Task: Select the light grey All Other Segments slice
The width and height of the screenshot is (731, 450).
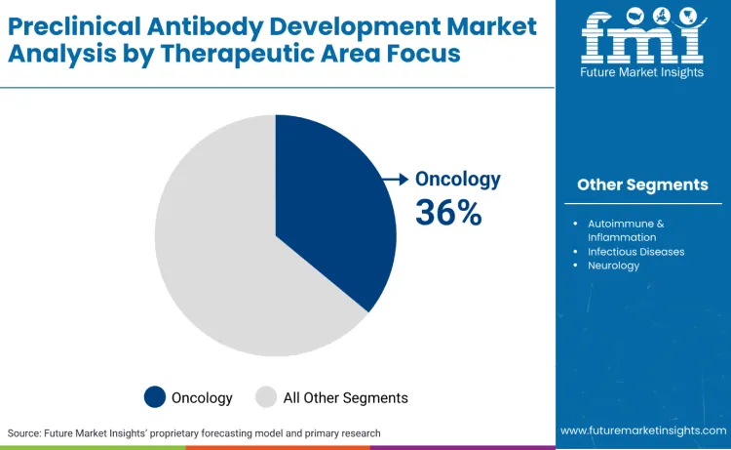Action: [224, 254]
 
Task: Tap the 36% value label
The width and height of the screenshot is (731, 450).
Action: [448, 212]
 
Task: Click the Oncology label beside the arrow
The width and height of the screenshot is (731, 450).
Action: [458, 179]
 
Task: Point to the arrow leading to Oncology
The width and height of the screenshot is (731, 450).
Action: [394, 179]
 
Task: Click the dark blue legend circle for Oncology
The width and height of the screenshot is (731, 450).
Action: [155, 397]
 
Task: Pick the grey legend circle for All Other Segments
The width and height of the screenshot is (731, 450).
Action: [266, 397]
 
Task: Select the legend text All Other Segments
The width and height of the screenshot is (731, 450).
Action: [345, 397]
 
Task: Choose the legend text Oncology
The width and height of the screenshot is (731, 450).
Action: [202, 397]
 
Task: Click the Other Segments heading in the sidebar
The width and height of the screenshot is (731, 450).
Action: [642, 184]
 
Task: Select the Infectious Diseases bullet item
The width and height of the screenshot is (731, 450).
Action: [635, 252]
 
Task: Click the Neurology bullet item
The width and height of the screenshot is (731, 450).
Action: [613, 266]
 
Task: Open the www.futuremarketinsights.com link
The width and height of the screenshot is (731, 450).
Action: [643, 430]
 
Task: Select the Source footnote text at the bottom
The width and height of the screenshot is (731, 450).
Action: [194, 432]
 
